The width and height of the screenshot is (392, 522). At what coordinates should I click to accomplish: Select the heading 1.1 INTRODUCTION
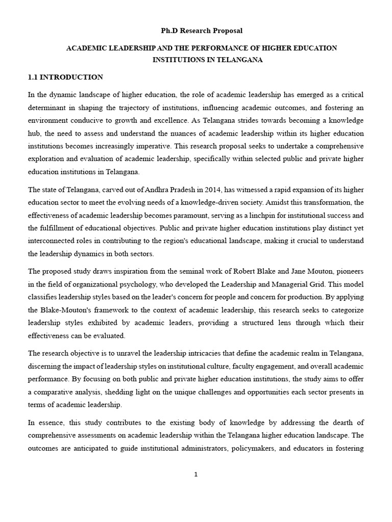[x=65, y=77]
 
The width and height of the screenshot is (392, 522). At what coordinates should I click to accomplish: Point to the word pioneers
[x=350, y=272]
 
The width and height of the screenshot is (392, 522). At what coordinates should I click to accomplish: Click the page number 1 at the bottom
[x=195, y=474]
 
